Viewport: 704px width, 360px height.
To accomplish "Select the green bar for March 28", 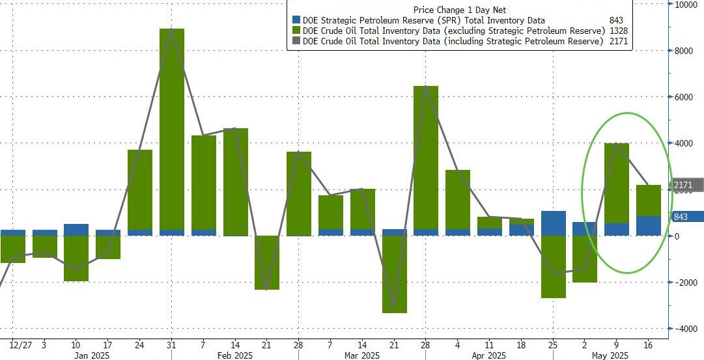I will pos(427,157).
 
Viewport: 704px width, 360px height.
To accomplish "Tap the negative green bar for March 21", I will pos(395,274).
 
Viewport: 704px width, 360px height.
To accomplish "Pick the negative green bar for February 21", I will pos(267,262).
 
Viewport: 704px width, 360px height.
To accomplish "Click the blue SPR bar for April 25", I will pos(554,223).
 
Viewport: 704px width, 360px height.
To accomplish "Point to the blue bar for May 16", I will pos(649,226).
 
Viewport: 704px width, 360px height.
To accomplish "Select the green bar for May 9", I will pos(617,183).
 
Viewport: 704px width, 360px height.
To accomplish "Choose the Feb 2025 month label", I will pos(234,355).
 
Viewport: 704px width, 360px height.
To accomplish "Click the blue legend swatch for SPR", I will pos(297,20).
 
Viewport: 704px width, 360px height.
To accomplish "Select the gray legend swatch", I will pos(297,41).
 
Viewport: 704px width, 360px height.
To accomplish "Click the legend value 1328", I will pos(616,31).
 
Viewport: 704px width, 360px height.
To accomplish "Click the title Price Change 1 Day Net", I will pos(459,9).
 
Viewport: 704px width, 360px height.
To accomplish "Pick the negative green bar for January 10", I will pos(76,258).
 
